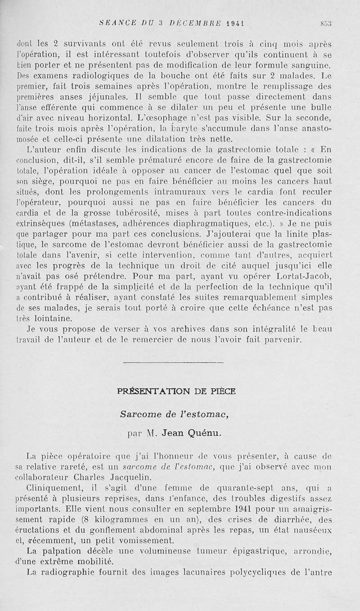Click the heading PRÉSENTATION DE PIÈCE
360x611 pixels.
tap(176, 391)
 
